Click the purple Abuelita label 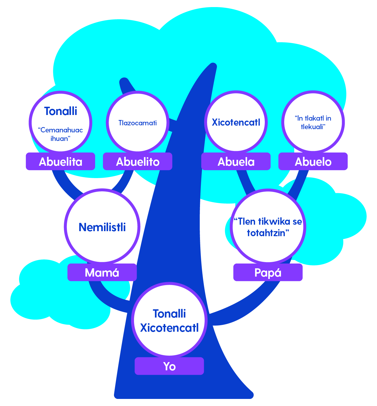click(x=60, y=162)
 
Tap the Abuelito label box click(x=138, y=162)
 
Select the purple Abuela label click(x=236, y=162)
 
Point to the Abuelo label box click(x=313, y=162)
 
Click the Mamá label click(x=102, y=272)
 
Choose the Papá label click(x=268, y=272)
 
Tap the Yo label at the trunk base click(x=169, y=366)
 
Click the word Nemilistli click(x=102, y=227)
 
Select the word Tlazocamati click(x=138, y=123)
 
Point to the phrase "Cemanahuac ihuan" click(x=60, y=134)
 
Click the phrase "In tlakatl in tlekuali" click(x=313, y=122)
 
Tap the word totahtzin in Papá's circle click(x=266, y=233)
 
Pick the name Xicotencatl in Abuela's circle click(x=236, y=122)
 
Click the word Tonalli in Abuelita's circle click(x=61, y=111)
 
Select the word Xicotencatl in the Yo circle click(x=169, y=328)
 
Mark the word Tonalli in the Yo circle click(x=169, y=314)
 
